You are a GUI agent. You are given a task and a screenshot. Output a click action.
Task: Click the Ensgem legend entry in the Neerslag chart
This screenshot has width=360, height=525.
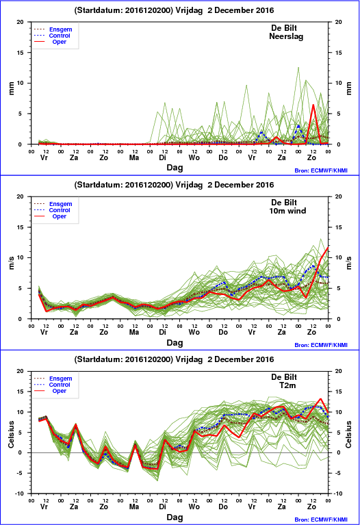click(53, 29)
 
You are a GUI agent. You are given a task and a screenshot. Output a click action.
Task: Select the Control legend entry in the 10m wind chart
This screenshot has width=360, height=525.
click(52, 210)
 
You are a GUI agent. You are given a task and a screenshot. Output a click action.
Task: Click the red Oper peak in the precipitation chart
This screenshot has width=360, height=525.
click(313, 105)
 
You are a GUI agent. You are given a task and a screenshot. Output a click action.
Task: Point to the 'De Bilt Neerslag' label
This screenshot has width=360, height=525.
click(285, 32)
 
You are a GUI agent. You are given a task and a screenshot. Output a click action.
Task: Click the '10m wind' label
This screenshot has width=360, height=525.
click(287, 211)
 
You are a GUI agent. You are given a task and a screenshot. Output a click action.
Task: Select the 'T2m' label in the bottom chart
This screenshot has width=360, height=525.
click(287, 385)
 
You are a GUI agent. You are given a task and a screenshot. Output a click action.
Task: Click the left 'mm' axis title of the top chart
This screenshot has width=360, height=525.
click(12, 88)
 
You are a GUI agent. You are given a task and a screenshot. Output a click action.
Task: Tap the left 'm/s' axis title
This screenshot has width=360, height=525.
click(12, 263)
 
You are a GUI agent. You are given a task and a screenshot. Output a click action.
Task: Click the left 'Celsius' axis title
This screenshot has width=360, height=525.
click(12, 434)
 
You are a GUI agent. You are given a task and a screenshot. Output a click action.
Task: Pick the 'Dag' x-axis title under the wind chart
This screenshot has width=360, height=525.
click(175, 342)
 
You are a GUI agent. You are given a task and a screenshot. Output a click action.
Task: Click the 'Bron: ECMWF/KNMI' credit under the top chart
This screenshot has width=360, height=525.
click(321, 170)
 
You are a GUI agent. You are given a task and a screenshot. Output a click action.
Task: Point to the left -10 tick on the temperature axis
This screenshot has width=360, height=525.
click(20, 494)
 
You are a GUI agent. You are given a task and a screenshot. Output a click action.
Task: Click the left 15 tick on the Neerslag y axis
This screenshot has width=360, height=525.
click(21, 53)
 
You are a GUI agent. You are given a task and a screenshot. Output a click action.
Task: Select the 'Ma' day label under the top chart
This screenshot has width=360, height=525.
click(134, 157)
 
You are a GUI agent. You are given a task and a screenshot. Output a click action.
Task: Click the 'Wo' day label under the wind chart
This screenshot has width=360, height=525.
click(194, 332)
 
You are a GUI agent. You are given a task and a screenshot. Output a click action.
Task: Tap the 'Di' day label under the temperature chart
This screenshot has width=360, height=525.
click(162, 507)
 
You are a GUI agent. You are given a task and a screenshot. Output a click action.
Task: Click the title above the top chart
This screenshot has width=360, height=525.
click(174, 10)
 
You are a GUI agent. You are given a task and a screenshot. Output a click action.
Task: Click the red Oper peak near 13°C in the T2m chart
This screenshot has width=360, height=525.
click(320, 399)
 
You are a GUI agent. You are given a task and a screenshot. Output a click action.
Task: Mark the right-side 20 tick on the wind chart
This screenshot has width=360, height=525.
click(339, 196)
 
